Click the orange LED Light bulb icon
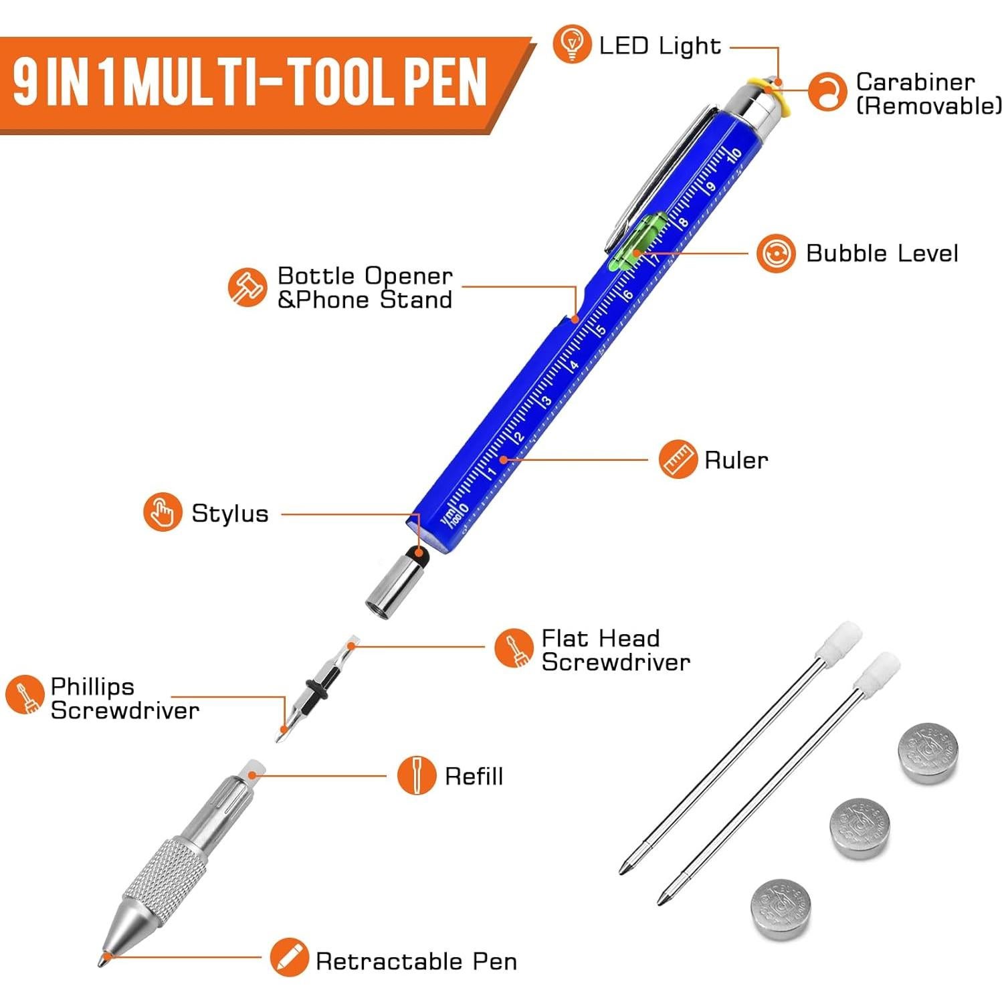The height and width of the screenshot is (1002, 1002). (x=572, y=43)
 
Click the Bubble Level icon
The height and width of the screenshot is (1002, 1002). (x=776, y=253)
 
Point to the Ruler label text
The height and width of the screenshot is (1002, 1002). (x=736, y=460)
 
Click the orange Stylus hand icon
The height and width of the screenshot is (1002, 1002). (x=162, y=512)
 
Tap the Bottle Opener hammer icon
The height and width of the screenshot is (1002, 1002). (x=247, y=288)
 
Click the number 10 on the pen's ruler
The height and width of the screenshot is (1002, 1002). (x=734, y=155)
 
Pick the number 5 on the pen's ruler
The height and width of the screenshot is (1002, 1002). (x=601, y=330)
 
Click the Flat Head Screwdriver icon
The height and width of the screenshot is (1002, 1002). (x=514, y=648)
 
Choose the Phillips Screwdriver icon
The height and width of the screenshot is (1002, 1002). (x=25, y=694)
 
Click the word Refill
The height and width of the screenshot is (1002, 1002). (x=474, y=777)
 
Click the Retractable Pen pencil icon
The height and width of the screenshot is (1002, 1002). (x=289, y=957)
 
